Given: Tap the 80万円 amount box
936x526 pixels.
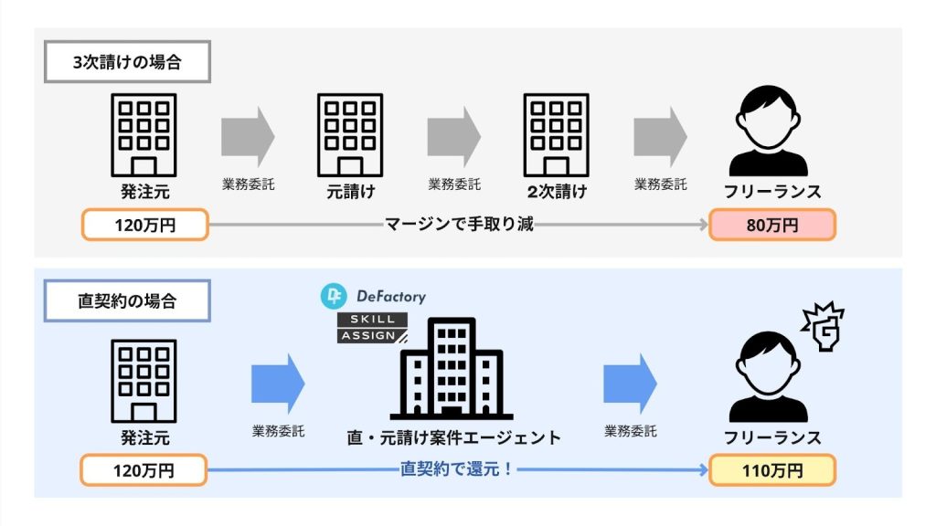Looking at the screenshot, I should pos(771,225).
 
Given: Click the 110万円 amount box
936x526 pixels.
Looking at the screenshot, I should pos(771,471).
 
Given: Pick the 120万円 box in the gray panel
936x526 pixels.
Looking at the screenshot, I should pos(144,225).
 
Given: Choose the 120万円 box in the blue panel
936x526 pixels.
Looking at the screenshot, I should pos(144,471).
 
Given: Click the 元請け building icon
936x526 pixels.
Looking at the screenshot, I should pos(350,135).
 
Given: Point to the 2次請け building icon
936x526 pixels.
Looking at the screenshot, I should pos(556,135).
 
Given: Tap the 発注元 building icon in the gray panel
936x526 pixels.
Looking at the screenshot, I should pos(144,135).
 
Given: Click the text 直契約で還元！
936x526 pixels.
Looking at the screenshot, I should pos(459,470).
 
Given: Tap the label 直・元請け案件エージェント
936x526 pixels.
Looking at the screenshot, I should pos(453,437).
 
